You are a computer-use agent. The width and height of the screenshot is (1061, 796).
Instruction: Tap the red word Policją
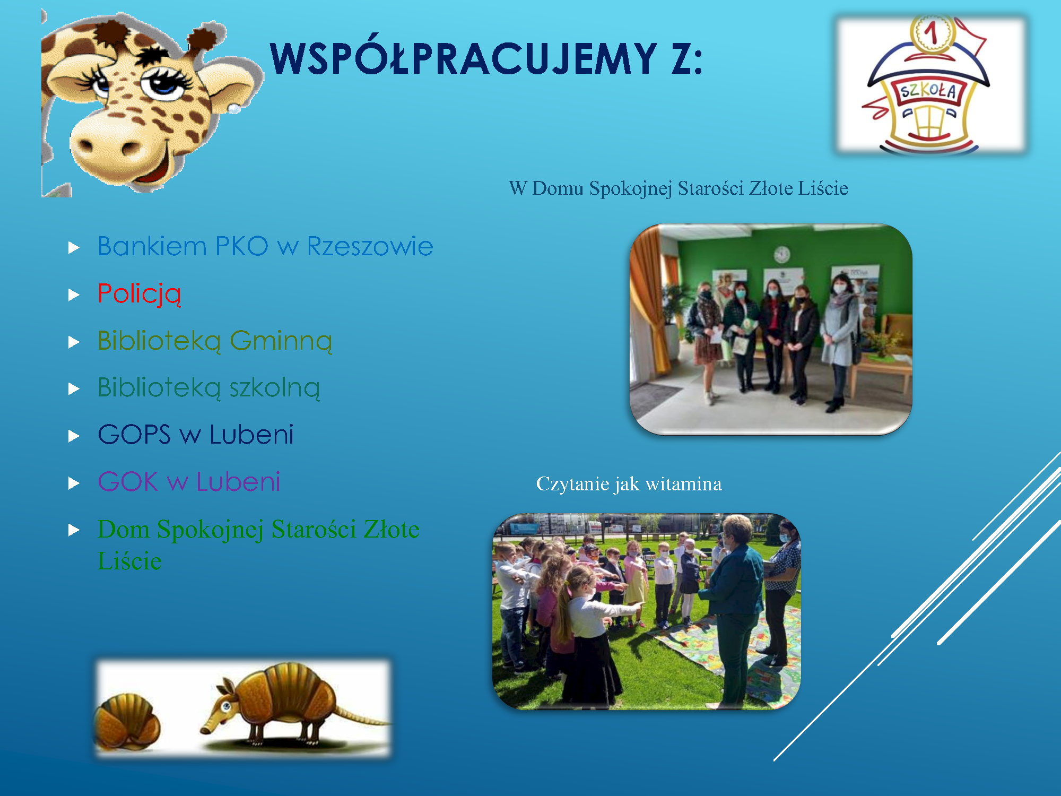[x=140, y=294]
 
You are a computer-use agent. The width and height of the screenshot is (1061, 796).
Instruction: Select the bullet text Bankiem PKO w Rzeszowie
[x=265, y=246]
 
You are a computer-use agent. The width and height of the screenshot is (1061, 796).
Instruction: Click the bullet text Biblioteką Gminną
[x=215, y=341]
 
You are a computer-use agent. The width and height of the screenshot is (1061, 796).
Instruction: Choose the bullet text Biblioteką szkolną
[x=209, y=388]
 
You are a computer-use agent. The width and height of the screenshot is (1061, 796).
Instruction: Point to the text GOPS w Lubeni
[x=196, y=435]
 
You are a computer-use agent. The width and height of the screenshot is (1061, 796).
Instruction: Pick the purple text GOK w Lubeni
[x=189, y=482]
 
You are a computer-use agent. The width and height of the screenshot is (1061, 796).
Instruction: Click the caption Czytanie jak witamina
[x=629, y=484]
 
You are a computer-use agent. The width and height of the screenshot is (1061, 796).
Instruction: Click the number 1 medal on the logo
[x=932, y=33]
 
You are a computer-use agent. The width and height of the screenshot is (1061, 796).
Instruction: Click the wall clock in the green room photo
[x=781, y=255]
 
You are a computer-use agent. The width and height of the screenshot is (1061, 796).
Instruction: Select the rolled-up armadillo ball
[x=127, y=722]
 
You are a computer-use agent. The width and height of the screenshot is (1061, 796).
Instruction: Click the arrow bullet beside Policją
[x=74, y=295]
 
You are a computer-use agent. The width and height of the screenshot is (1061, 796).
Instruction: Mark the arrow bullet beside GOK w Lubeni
[x=74, y=483]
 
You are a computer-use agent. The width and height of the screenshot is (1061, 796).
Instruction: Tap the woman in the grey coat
[x=839, y=340]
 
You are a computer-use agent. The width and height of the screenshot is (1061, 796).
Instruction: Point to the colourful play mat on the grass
[x=737, y=653]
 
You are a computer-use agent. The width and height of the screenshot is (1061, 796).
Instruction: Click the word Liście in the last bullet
[x=129, y=561]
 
